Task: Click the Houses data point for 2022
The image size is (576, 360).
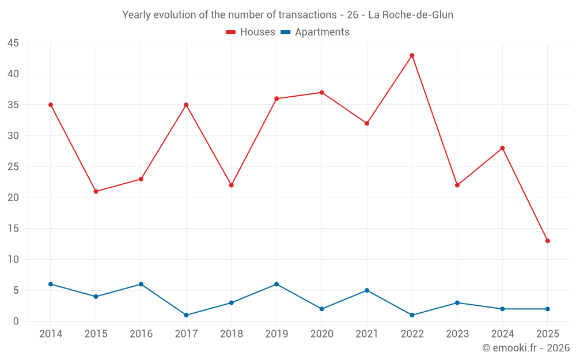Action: pos(412,55)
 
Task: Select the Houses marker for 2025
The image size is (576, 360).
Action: pos(547,241)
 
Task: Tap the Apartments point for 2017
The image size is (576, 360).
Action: pos(186,315)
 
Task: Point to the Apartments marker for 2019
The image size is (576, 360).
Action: pos(276,284)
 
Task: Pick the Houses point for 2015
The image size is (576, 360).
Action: pos(96,191)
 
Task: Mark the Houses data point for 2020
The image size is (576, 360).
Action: pos(321,92)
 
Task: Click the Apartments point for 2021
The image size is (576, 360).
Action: pos(366,290)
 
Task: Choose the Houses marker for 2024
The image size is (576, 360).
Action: pos(502,148)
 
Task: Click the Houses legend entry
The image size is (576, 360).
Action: pos(251,32)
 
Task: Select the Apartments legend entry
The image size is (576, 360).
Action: pos(315,32)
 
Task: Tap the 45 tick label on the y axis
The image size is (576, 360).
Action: pos(13,43)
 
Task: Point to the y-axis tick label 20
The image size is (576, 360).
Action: pos(13,198)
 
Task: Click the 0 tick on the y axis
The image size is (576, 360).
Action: pos(16,321)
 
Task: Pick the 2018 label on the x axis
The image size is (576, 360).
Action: pos(231,334)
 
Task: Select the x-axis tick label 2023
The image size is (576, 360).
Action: pos(457,334)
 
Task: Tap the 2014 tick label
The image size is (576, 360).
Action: pos(51,334)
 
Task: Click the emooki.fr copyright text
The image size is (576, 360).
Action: pos(526,348)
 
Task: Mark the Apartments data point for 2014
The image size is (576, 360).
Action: pos(51,284)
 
